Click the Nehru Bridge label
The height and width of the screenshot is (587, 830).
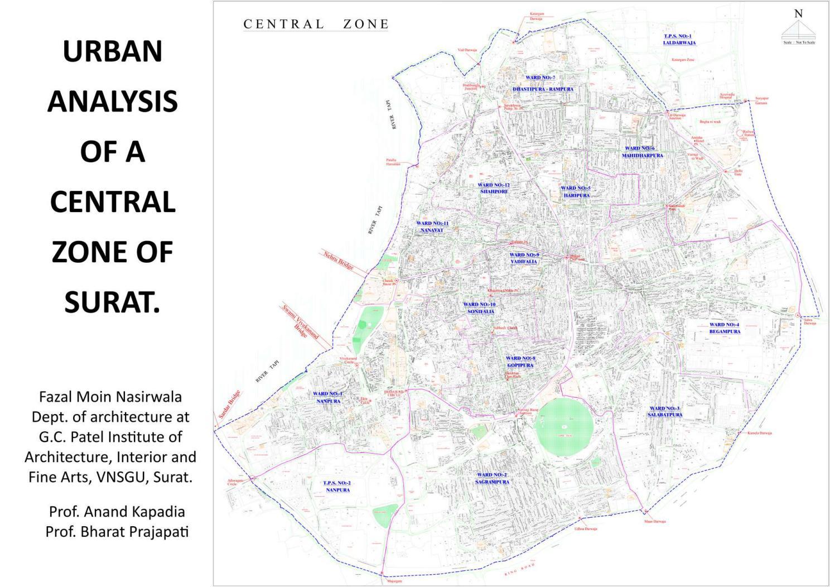pos(339,261)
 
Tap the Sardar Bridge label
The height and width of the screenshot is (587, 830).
pos(229,404)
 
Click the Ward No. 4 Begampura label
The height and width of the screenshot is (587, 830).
pos(725,328)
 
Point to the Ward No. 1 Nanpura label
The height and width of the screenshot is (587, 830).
pos(328,397)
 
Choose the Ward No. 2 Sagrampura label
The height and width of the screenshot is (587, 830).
pos(492,478)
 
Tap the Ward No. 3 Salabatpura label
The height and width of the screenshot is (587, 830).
pos(665,412)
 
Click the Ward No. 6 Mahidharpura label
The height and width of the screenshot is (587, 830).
pos(642,152)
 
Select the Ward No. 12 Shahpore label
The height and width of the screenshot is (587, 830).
pos(494,188)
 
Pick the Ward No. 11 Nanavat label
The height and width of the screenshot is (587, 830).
pos(432,227)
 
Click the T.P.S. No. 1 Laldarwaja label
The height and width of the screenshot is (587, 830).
pos(678,39)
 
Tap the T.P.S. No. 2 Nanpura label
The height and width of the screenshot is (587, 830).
pos(337,487)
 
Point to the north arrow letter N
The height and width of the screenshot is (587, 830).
pos(798,14)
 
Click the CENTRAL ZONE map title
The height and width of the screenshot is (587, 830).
pos(316,24)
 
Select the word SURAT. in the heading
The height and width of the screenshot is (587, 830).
pos(112,302)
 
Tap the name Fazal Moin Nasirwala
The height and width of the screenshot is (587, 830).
pos(110,397)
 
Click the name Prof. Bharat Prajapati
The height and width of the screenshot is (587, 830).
pos(117,532)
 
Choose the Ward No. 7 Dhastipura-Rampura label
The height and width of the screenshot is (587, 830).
pos(542,84)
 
